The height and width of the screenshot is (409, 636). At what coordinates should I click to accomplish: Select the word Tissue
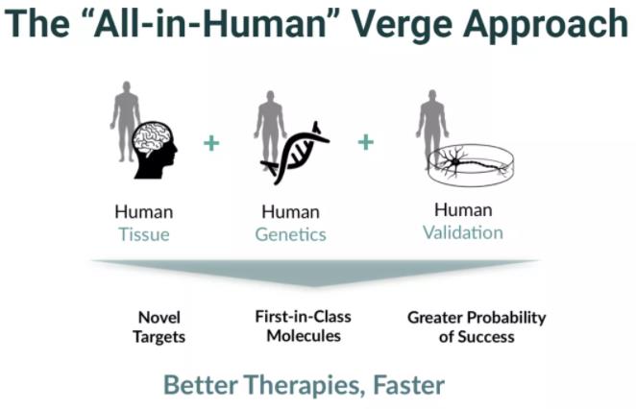[144, 234]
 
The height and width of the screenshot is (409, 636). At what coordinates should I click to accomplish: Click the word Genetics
[290, 234]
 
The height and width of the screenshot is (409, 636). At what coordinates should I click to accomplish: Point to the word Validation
[463, 232]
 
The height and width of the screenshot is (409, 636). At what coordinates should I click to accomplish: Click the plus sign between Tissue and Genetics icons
[211, 143]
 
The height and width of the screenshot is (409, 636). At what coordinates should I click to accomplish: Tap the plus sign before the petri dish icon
[365, 142]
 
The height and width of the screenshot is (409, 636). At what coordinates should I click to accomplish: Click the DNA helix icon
[295, 154]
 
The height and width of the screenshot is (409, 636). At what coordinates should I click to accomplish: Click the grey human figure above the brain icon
[125, 121]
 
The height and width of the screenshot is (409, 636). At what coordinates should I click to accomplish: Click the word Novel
[159, 318]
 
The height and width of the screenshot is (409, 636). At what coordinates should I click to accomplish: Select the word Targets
[159, 337]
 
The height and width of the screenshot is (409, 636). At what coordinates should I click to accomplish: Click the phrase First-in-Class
[303, 317]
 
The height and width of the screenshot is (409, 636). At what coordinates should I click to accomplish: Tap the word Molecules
[304, 336]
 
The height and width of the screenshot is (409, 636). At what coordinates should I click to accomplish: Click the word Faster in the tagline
[408, 385]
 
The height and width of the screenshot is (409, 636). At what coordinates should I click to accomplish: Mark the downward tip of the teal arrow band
[313, 286]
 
